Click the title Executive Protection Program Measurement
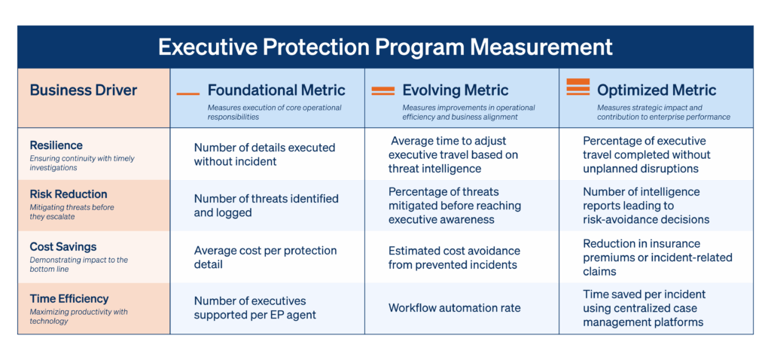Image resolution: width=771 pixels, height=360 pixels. point(385,47)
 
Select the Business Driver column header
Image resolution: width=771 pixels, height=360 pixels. point(84,90)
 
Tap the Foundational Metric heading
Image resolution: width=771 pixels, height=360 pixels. point(276,90)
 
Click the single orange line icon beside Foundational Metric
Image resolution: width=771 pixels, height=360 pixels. point(187,93)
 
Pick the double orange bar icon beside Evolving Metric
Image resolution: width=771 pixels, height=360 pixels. point(383,90)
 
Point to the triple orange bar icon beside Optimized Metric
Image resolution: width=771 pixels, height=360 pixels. point(577,87)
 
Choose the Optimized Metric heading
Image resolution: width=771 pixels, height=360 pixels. point(657,90)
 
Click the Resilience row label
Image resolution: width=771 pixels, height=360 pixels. point(56,145)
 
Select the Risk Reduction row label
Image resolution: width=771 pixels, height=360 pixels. point(69,194)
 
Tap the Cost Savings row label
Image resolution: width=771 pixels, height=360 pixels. point(63,246)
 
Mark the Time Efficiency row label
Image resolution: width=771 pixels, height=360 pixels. point(69,298)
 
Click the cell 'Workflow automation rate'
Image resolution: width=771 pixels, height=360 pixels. point(454,308)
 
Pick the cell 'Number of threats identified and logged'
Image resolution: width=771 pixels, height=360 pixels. point(266,206)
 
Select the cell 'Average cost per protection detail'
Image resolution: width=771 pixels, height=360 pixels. point(265,258)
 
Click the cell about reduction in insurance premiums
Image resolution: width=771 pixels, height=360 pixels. point(657,258)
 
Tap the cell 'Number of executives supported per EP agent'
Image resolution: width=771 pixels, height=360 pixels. point(254,307)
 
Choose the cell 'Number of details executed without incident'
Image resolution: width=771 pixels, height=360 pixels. point(264,154)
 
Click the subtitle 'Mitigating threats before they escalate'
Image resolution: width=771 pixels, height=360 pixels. point(72,212)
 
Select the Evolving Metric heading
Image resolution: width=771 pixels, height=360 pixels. point(456,90)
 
